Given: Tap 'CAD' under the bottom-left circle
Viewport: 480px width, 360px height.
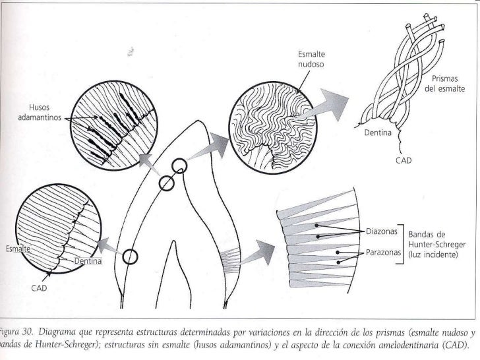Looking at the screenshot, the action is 40,287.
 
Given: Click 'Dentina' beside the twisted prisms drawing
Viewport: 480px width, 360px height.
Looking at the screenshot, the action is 377,133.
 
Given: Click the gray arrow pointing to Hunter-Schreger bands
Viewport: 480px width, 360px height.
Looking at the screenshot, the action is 257,253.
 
